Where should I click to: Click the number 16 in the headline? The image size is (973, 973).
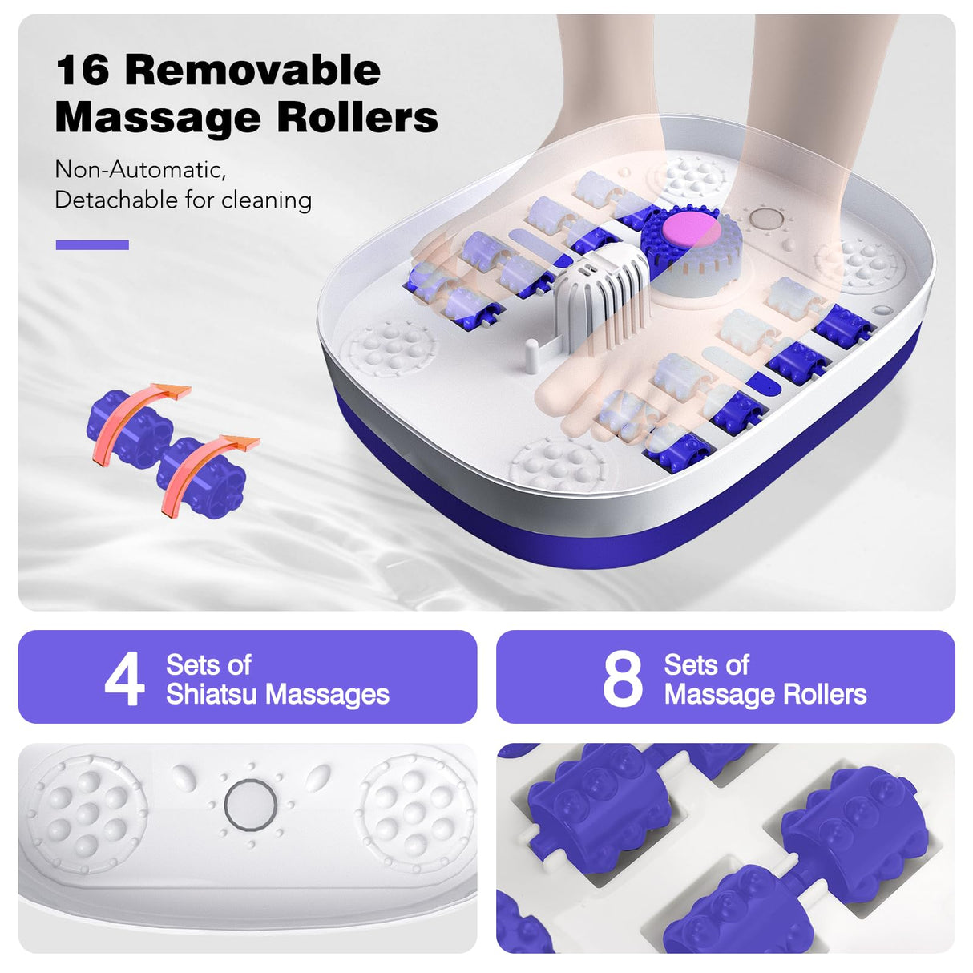click(x=83, y=71)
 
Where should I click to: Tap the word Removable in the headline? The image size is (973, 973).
click(x=252, y=71)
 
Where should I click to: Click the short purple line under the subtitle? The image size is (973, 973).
click(x=92, y=245)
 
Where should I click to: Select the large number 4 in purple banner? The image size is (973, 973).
click(x=124, y=678)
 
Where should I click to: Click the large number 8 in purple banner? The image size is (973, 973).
click(x=622, y=678)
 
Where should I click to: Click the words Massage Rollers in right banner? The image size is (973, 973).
click(x=765, y=694)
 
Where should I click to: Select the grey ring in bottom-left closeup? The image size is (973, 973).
click(x=251, y=804)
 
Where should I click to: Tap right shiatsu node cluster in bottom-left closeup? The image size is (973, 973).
click(x=415, y=812)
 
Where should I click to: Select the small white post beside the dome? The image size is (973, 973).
click(x=530, y=355)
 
